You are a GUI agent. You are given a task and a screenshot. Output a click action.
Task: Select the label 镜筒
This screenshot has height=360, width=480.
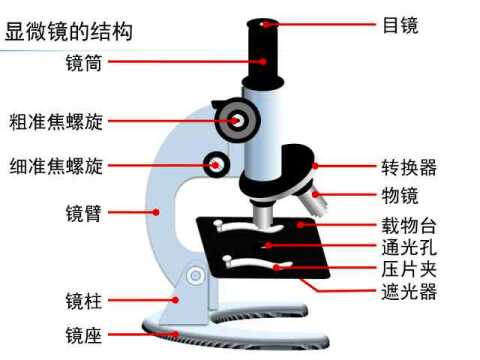pyautogui.click(x=79, y=62)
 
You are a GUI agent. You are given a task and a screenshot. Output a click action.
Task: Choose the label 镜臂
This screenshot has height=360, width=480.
pyautogui.click(x=79, y=211)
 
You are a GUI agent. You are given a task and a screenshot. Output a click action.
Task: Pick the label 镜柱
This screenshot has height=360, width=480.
pyautogui.click(x=79, y=299)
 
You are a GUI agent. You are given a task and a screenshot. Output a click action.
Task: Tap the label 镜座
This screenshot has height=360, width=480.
pyautogui.click(x=79, y=335)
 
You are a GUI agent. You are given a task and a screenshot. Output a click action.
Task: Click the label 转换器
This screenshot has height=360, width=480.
pyautogui.click(x=409, y=166)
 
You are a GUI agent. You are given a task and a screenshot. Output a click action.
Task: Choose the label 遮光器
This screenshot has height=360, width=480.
pyautogui.click(x=409, y=292)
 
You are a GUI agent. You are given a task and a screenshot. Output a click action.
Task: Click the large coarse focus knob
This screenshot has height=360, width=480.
pyautogui.click(x=239, y=120)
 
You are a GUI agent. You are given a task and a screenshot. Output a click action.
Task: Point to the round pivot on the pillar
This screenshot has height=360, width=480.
pyautogui.click(x=196, y=275)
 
